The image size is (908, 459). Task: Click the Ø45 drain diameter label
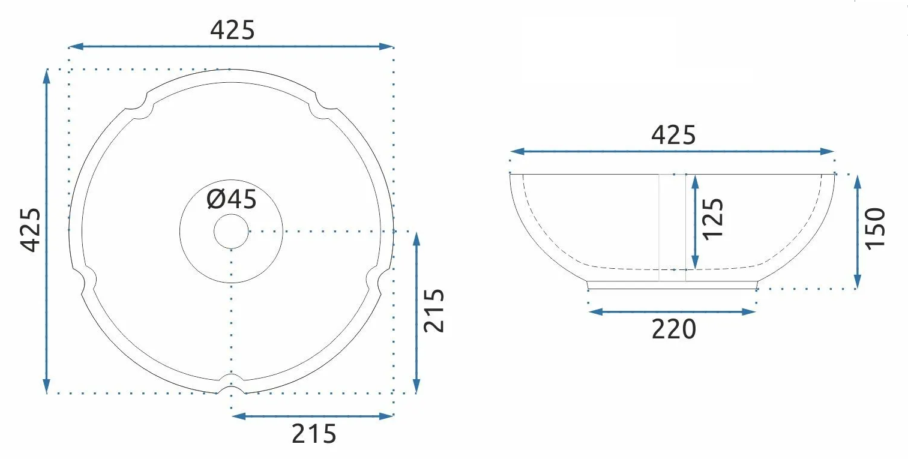[x=232, y=199]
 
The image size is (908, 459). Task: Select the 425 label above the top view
[x=232, y=30]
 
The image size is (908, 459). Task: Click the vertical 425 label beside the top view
[x=31, y=230]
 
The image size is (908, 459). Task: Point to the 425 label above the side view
[x=673, y=135]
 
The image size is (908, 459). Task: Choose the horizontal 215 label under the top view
[x=314, y=434]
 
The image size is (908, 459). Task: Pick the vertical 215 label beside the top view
[x=434, y=311]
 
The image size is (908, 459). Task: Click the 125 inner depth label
[x=713, y=219]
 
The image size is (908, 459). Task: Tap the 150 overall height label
[x=875, y=229]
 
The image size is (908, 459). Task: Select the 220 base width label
[x=674, y=329]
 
